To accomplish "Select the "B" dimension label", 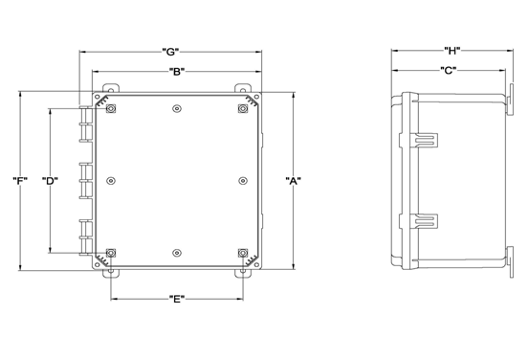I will point(176,72).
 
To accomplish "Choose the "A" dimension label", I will point(294,182).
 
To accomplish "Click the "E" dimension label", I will point(176,300).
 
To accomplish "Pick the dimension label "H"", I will point(452,50).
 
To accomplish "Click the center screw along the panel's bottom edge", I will point(176,253).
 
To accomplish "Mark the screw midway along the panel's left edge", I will point(112,180).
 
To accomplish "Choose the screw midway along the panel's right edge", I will point(239,180).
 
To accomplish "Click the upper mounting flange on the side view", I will point(509,96).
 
